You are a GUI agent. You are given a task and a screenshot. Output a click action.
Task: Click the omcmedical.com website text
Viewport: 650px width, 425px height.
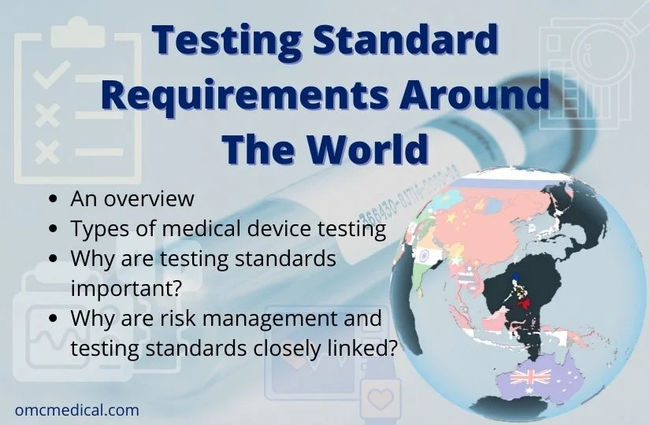coord(76,410)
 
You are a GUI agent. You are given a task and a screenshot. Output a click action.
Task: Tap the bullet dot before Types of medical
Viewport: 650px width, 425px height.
coord(53,230)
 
